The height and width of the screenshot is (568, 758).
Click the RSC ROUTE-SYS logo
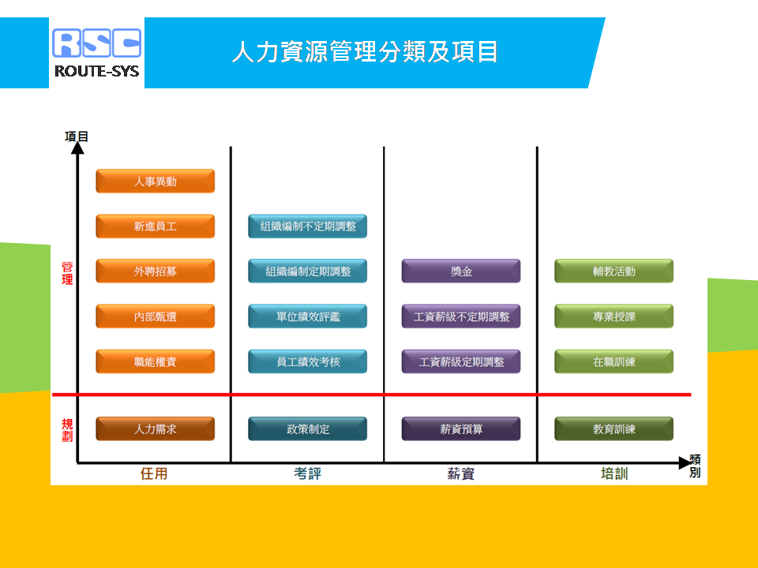pos(96,53)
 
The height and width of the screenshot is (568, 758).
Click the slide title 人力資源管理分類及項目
pos(365,52)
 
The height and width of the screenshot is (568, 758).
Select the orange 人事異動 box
pos(156,181)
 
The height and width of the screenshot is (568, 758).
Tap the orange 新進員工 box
pos(156,226)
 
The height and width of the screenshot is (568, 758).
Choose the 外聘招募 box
pos(156,271)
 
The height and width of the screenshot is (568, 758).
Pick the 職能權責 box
pos(156,361)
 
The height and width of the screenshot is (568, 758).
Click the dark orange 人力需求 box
pos(156,429)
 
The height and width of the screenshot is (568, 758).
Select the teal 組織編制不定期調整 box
pos(307,226)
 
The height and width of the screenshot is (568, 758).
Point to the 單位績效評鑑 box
pos(307,316)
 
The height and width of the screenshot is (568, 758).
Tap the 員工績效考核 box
pos(307,361)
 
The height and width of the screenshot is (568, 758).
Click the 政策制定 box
pos(307,429)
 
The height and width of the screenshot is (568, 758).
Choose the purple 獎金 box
pos(461,271)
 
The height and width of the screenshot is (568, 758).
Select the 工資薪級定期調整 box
pos(461,361)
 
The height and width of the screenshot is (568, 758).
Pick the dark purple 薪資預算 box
pos(461,429)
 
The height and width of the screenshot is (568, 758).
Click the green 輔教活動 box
pos(614,271)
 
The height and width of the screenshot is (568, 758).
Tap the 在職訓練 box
pos(614,361)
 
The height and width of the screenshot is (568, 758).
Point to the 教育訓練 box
pos(614,429)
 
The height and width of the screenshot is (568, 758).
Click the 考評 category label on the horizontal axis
pos(307,473)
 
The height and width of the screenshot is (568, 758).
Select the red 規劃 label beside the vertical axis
pos(67,430)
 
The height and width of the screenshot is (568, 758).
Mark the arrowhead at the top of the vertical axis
pos(77,148)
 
